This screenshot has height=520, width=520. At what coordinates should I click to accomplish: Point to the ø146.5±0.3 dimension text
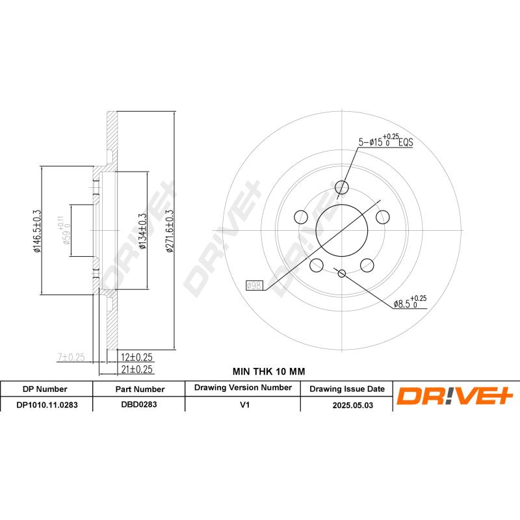coord(38,231)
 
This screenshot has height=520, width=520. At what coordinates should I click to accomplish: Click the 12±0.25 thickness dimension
coord(136,357)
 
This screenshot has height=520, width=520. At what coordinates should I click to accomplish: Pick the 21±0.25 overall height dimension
coord(136,369)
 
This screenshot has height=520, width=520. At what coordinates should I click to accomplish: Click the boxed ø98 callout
coord(254,285)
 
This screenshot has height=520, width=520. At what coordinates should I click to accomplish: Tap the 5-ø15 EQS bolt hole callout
coord(386,142)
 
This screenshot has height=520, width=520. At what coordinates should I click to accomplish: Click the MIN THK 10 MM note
coord(268,371)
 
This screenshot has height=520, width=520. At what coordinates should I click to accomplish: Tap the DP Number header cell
coord(45,389)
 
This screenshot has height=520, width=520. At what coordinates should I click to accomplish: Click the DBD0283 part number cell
coord(139,404)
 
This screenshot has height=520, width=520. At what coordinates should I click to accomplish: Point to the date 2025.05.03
coord(346,404)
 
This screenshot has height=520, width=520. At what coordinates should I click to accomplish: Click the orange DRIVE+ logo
coord(455,395)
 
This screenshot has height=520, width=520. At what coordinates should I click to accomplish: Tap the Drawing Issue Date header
coord(346,389)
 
